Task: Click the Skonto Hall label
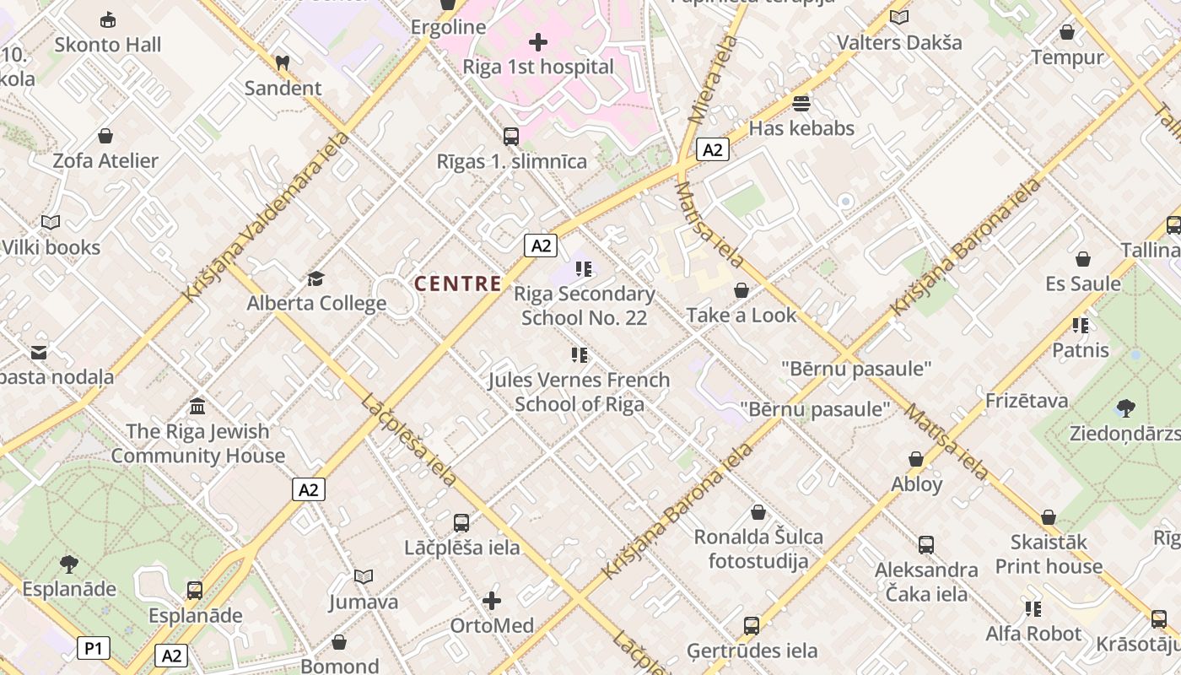[x=107, y=45]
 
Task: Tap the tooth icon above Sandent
[x=283, y=62]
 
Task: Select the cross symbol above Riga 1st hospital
[x=538, y=41]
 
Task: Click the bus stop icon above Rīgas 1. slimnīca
[x=510, y=136]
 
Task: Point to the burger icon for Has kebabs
[x=801, y=104]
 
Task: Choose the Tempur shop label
[x=1067, y=57]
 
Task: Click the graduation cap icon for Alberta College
[x=315, y=278]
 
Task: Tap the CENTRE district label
[x=458, y=283]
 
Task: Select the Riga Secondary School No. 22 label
[x=584, y=305]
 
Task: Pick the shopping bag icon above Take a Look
[x=741, y=290]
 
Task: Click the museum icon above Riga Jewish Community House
[x=197, y=407]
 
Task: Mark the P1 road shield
[x=94, y=648]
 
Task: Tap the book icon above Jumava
[x=363, y=577]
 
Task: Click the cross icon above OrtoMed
[x=492, y=601]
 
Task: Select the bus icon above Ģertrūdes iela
[x=751, y=626]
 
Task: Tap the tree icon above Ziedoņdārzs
[x=1124, y=409]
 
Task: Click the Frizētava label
[x=1027, y=401]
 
